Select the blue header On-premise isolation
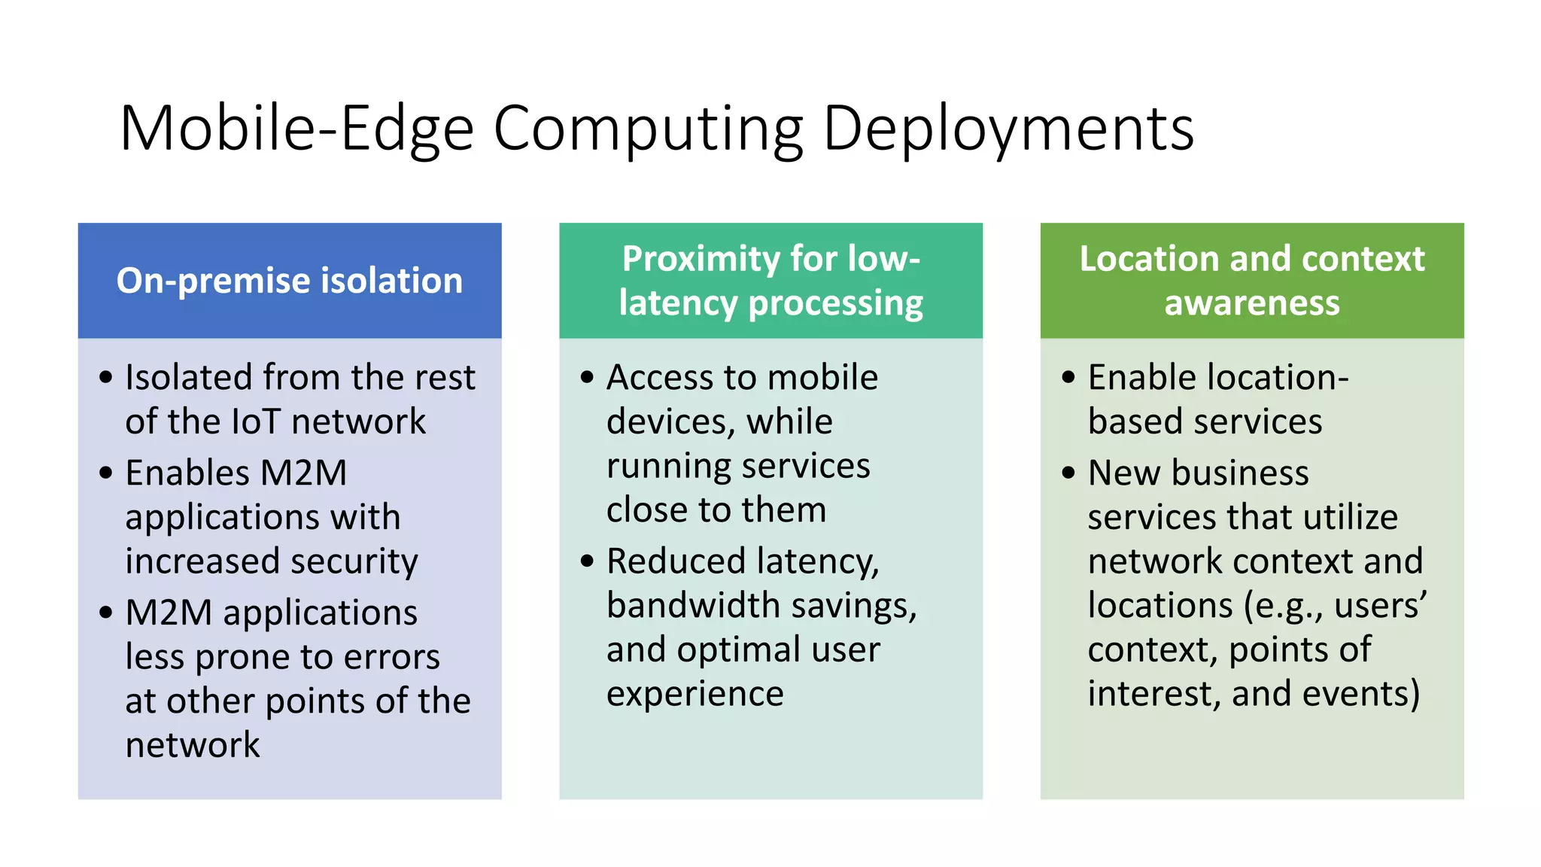(x=290, y=281)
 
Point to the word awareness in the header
(x=1252, y=303)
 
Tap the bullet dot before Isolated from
(x=106, y=377)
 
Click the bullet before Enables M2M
(x=106, y=473)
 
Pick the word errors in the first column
(x=392, y=657)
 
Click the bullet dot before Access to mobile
(x=588, y=377)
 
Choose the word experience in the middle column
(x=695, y=694)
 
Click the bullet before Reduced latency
(x=588, y=561)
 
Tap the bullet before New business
(x=1069, y=473)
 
